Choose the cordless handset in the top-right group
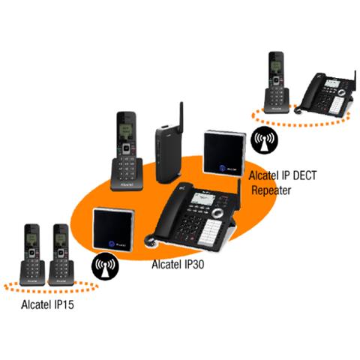pyautogui.click(x=275, y=80)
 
